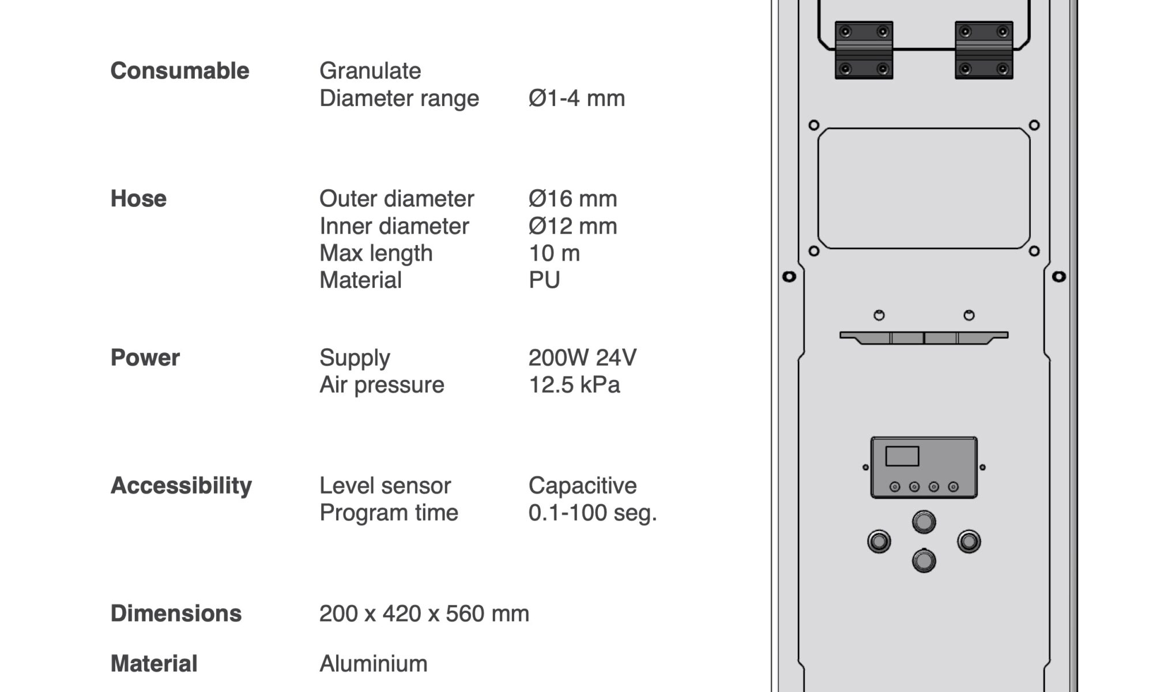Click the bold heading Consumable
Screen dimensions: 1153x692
click(180, 71)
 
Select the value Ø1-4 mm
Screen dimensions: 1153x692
click(576, 98)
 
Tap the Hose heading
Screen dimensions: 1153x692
click(138, 198)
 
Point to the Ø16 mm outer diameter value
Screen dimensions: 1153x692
click(572, 198)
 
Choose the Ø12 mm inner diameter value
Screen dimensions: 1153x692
click(572, 226)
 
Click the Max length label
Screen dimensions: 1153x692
click(376, 253)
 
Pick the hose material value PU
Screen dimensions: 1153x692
click(544, 280)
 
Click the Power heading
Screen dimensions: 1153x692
click(145, 358)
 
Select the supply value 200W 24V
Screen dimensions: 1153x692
click(582, 358)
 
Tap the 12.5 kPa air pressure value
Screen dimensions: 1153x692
click(574, 385)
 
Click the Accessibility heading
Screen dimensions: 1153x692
click(181, 486)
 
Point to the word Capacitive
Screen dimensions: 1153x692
click(582, 486)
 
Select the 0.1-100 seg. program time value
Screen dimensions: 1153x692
click(593, 513)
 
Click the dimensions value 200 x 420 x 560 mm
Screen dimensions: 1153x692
click(424, 614)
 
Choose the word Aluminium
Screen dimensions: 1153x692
click(374, 664)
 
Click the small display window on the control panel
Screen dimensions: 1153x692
click(902, 456)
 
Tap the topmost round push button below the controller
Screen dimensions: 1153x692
click(924, 522)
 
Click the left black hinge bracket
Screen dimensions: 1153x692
click(864, 50)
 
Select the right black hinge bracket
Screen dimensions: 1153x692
click(984, 50)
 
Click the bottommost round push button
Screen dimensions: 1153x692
click(924, 561)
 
